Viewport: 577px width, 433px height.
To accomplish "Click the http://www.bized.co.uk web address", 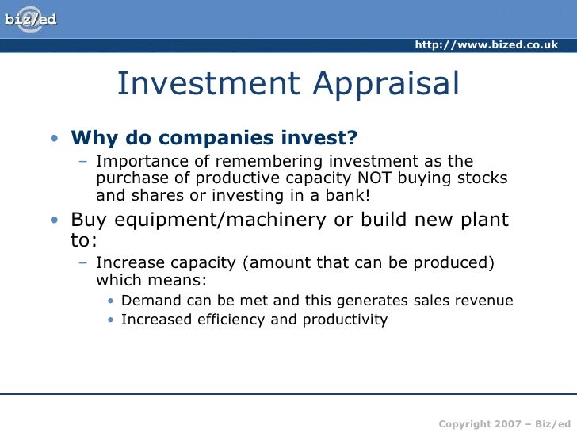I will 486,45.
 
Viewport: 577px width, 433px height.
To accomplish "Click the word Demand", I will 151,301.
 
